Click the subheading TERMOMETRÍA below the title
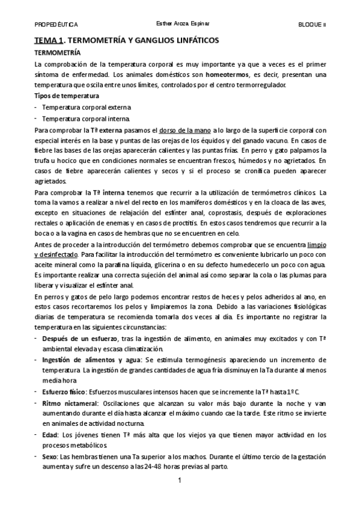point(58,53)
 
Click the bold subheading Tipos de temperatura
point(66,96)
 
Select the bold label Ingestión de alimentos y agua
point(89,360)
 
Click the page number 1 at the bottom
point(180,481)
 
